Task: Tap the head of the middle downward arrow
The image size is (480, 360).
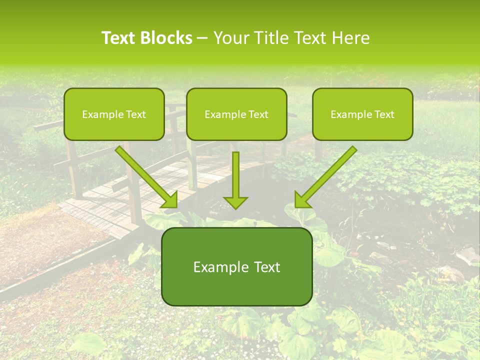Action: pos(235,202)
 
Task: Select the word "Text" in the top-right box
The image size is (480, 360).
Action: pos(384,114)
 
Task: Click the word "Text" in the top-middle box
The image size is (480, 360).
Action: pos(258,114)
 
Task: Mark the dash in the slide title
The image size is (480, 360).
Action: pos(203,38)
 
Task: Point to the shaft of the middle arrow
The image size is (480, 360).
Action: pos(235,172)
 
